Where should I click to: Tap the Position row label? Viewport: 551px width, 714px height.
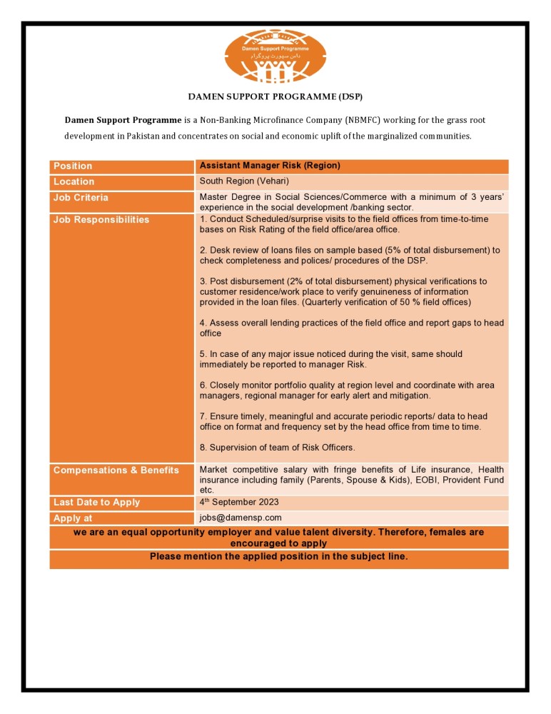73,166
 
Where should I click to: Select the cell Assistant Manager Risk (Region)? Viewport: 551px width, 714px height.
270,166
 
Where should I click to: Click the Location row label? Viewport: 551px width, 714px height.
74,182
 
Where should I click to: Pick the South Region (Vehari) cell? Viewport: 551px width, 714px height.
244,181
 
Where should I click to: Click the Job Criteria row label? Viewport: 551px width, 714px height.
81,198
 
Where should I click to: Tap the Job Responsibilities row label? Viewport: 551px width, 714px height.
101,219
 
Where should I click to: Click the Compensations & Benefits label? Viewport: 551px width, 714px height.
116,470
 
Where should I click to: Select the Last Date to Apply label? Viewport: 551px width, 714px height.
96,502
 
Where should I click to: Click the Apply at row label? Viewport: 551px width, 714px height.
73,518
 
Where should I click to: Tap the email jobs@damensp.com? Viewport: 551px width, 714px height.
241,518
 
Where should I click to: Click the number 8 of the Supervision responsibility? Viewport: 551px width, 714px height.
203,448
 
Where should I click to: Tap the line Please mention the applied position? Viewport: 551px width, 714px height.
278,556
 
